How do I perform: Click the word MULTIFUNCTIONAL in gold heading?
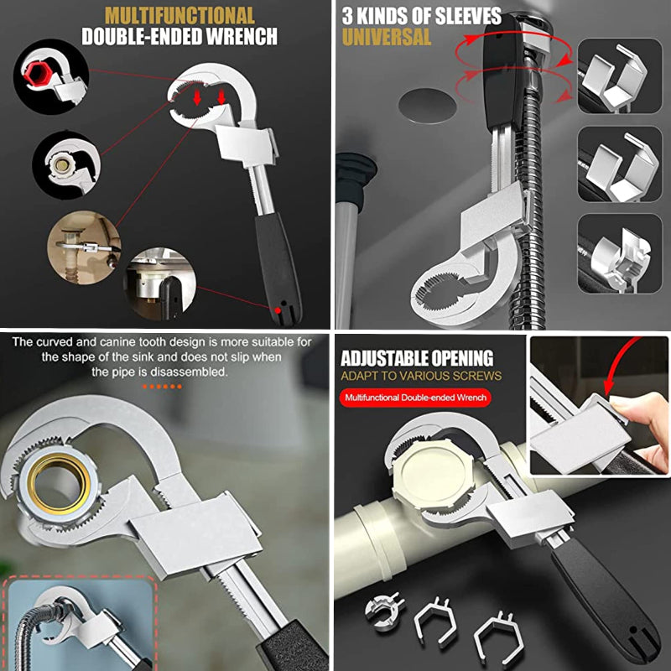tap(179, 16)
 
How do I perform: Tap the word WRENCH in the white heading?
tap(242, 37)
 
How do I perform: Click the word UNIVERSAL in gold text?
tap(387, 37)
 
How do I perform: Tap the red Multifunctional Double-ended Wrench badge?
tap(415, 398)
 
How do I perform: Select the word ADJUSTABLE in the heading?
tap(385, 359)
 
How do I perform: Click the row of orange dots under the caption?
tap(162, 387)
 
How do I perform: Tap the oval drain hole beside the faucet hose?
tap(427, 106)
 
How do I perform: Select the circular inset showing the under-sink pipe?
tap(85, 247)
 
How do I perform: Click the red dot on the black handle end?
tap(278, 310)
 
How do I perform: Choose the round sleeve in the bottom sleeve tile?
tap(621, 257)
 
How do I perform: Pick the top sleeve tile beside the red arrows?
tap(620, 75)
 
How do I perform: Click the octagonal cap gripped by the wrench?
tap(433, 473)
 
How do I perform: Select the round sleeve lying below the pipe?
tap(384, 611)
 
